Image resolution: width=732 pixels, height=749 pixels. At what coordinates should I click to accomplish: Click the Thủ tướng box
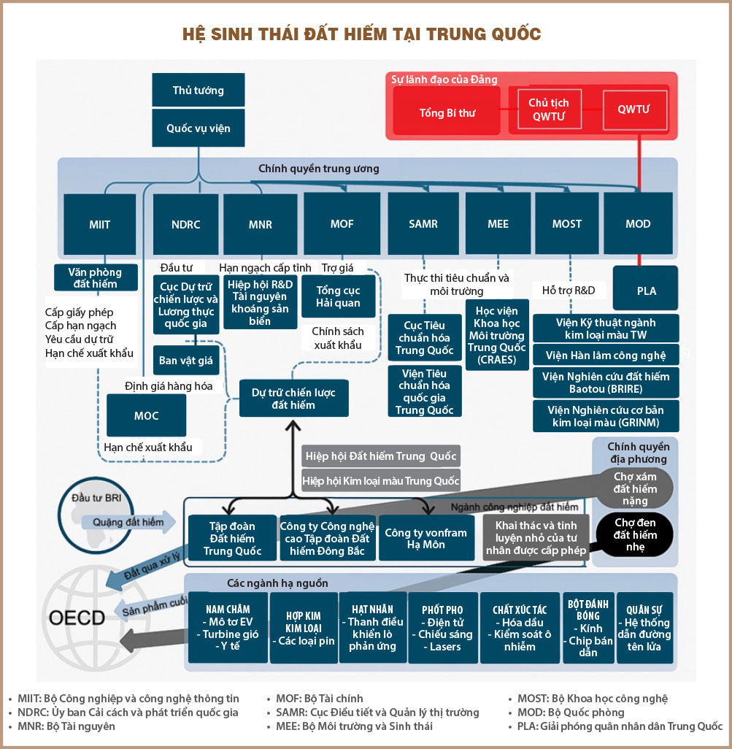[198, 91]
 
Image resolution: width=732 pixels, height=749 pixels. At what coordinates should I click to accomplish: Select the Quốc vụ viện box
[198, 128]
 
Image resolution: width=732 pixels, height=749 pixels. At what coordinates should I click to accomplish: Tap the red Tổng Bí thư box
[447, 113]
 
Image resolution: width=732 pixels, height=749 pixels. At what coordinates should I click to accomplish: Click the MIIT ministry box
[99, 223]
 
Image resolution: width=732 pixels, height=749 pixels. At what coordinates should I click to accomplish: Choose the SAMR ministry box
[423, 223]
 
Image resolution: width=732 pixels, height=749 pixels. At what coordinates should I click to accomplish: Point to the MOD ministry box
[638, 223]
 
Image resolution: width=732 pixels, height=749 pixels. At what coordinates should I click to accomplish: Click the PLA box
[646, 291]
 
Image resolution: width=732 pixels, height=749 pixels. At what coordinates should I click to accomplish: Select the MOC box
[146, 415]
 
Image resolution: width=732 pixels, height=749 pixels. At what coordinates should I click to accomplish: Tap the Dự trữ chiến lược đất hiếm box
[293, 399]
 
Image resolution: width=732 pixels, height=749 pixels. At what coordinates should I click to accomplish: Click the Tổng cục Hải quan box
[338, 297]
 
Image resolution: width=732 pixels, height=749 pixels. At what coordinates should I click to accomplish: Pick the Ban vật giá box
[185, 360]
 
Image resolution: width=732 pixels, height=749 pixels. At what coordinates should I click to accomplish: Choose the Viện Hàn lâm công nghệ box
[606, 356]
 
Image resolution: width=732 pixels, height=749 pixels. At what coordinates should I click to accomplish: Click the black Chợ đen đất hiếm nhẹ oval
[635, 534]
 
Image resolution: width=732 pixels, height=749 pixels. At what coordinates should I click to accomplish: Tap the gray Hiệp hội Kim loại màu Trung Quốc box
[381, 481]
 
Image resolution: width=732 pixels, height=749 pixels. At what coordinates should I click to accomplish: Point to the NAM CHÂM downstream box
[228, 627]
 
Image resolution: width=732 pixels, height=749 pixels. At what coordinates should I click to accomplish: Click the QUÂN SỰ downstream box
[644, 627]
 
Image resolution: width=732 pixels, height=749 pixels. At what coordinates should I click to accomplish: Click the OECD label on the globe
[77, 618]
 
